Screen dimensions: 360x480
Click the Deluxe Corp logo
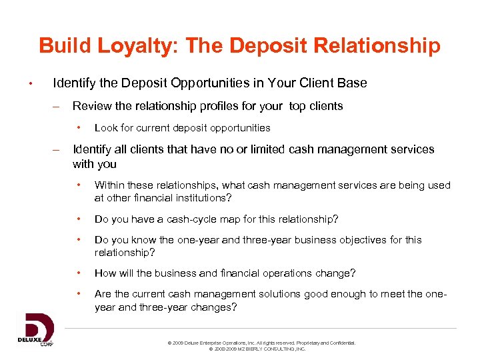35,329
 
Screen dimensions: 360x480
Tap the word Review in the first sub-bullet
91,105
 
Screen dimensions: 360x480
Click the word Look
105,127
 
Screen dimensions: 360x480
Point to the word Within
110,185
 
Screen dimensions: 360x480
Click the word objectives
345,240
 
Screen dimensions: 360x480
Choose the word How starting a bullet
105,273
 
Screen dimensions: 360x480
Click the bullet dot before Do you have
79,219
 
